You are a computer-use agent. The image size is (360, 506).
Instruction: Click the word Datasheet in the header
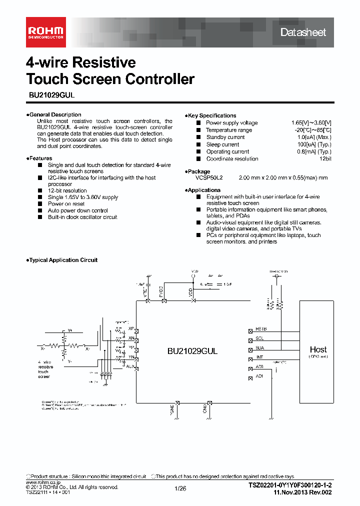click(303, 32)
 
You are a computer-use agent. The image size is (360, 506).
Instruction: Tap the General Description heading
click(55, 114)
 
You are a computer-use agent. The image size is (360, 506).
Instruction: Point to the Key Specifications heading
click(212, 115)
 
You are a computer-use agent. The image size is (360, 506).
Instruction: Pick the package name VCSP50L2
click(209, 177)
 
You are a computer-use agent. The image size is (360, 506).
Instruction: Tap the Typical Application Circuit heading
click(63, 260)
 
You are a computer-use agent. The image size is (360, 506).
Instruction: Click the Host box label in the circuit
click(318, 349)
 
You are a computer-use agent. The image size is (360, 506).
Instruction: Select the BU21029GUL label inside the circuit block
click(192, 351)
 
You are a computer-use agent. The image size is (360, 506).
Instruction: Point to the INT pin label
click(259, 357)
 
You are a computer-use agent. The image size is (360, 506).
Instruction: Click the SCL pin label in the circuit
click(259, 338)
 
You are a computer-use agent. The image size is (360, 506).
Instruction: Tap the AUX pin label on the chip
click(129, 366)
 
